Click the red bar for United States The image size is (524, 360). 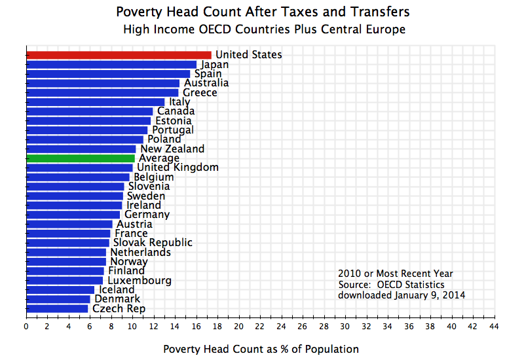coord(119,55)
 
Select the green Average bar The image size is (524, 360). coord(81,158)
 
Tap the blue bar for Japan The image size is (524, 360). coord(111,64)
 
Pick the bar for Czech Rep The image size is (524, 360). coord(57,308)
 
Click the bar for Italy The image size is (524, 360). coord(96,101)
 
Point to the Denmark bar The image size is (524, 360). coord(58,299)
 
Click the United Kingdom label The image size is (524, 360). coord(178,168)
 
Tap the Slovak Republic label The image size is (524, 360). coord(153,243)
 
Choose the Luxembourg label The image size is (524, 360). coord(140,280)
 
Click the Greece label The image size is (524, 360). coord(200,92)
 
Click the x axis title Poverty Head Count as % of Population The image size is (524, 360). coord(261,349)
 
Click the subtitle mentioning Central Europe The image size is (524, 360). coord(264,29)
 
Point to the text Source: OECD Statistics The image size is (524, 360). coord(391,285)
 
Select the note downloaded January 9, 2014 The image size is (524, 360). coord(402,295)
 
